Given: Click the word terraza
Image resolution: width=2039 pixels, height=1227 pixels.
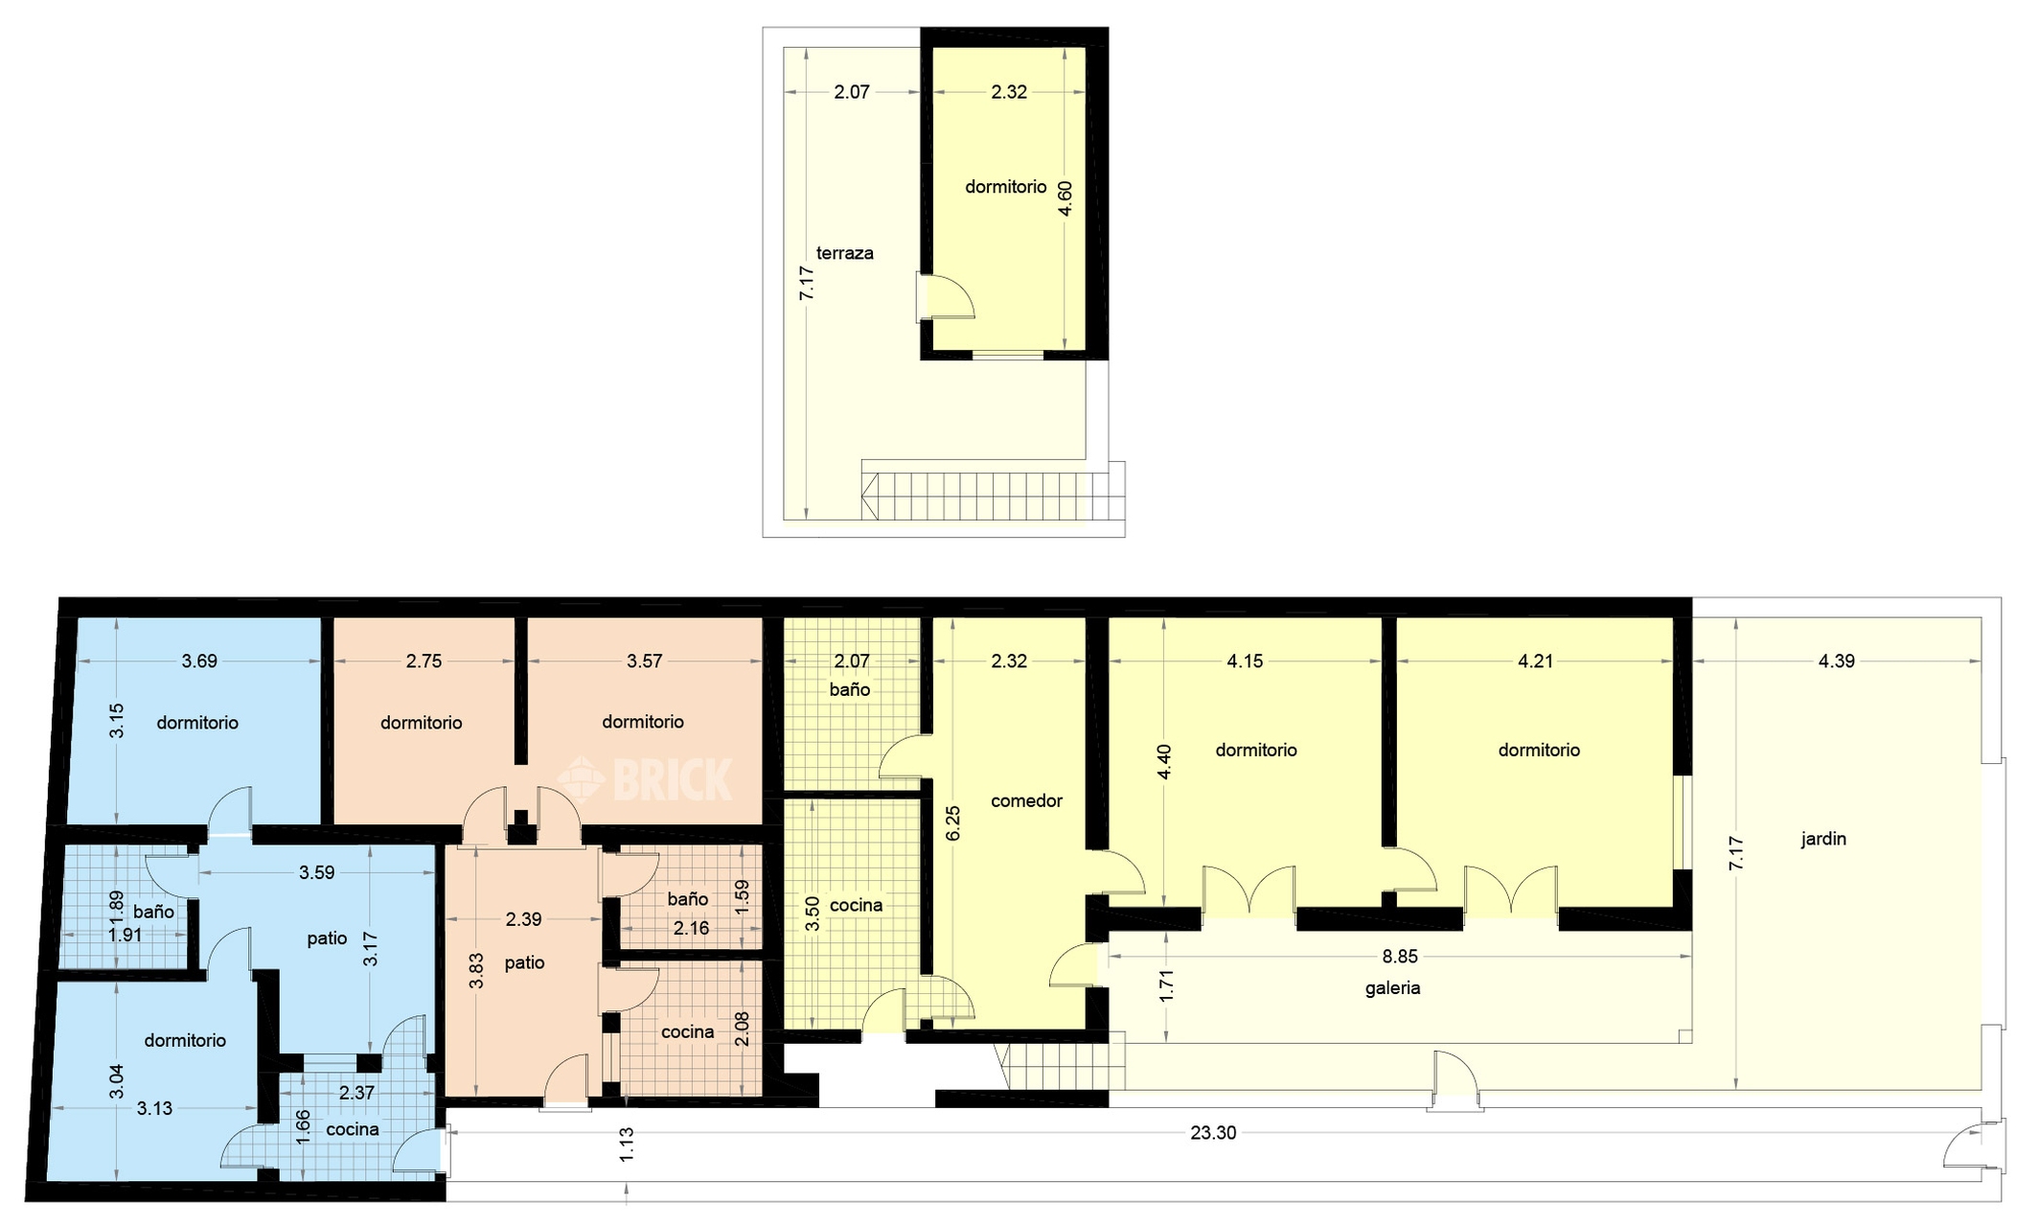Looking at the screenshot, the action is pyautogui.click(x=844, y=253).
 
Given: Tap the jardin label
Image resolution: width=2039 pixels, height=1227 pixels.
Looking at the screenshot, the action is pyautogui.click(x=1822, y=839).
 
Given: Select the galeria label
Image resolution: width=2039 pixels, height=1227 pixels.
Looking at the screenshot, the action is pyautogui.click(x=1392, y=987).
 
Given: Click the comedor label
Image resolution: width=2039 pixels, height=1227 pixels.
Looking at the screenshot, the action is pyautogui.click(x=1026, y=800).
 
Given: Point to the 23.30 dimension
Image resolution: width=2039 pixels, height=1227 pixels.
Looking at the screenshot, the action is pyautogui.click(x=1213, y=1132).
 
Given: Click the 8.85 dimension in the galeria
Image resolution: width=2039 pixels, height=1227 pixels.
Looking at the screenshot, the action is pyautogui.click(x=1400, y=956).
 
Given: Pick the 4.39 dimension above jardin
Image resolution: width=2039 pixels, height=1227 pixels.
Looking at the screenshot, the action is pyautogui.click(x=1836, y=660).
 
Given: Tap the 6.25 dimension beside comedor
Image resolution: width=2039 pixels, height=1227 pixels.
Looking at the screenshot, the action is pyautogui.click(x=952, y=823).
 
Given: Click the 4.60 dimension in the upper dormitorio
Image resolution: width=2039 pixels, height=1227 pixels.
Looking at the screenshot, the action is pyautogui.click(x=1065, y=198).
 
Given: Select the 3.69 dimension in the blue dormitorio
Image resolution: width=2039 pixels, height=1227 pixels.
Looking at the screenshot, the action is pyautogui.click(x=199, y=660).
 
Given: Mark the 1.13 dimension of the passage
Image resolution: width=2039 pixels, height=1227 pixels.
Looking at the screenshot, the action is pyautogui.click(x=627, y=1145).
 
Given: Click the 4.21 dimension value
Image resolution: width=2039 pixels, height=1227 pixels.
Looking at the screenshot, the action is pyautogui.click(x=1535, y=660).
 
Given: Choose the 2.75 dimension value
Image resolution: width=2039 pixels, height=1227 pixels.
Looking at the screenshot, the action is pyautogui.click(x=424, y=660).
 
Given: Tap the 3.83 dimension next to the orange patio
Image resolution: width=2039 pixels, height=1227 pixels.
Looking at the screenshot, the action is pyautogui.click(x=476, y=970).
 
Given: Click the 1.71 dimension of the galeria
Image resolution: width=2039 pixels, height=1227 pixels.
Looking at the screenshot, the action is pyautogui.click(x=1166, y=986).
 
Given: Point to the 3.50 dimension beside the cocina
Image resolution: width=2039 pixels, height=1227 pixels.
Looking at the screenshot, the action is pyautogui.click(x=812, y=914).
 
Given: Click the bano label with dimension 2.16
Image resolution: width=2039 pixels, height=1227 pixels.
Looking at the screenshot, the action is pyautogui.click(x=687, y=898).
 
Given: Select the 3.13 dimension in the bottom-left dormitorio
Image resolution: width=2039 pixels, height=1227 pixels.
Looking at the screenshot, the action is pyautogui.click(x=154, y=1108).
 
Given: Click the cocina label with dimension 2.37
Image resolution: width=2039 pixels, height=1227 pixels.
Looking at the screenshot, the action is pyautogui.click(x=352, y=1129).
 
